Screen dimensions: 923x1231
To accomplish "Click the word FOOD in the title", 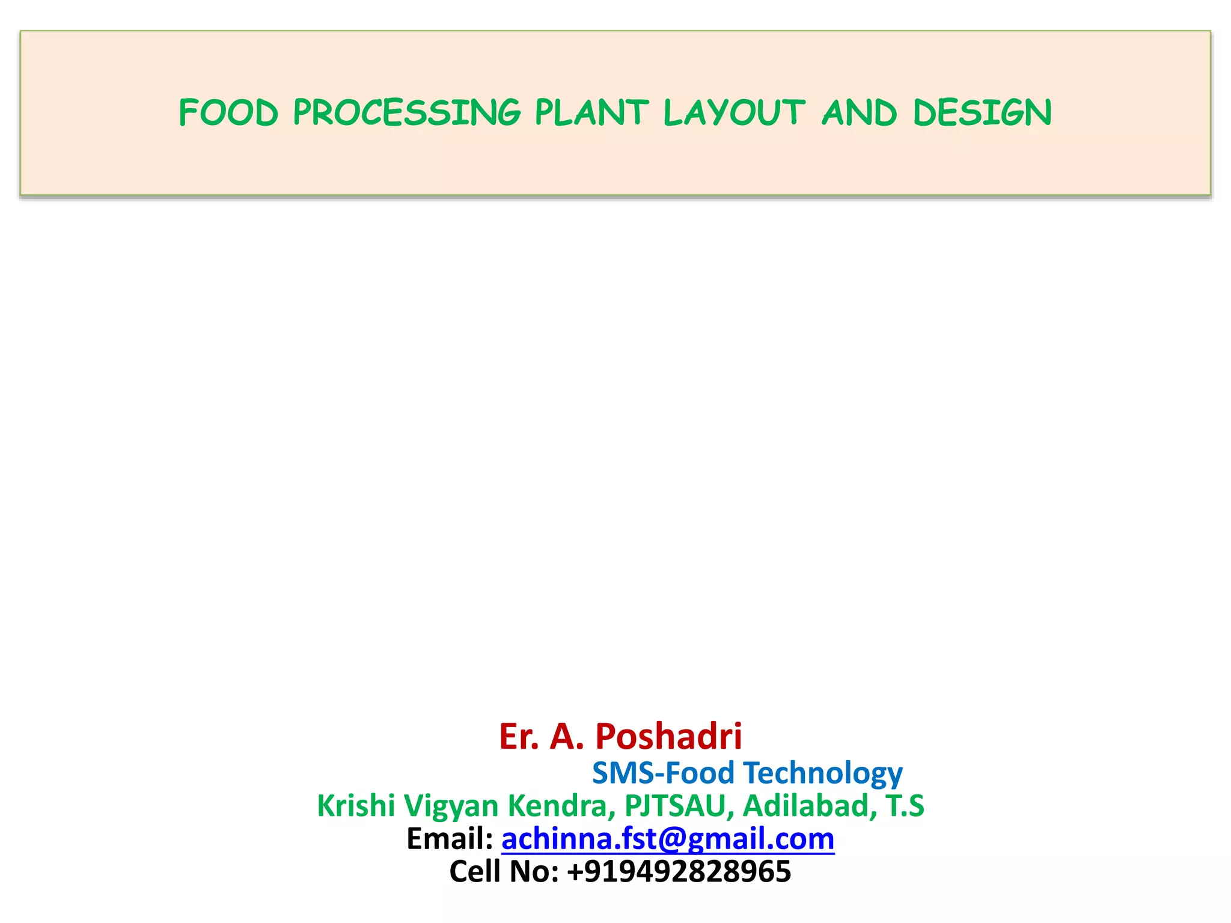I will point(228,113).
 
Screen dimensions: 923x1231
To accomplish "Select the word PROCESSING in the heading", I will point(407,113).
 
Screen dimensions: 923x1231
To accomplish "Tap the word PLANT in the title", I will point(592,113).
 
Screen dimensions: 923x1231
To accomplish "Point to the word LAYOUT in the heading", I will point(734,113).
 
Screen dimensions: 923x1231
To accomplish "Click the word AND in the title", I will point(859,113).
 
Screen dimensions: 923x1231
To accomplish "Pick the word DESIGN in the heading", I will point(982,113).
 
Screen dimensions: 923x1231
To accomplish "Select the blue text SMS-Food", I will point(663,773).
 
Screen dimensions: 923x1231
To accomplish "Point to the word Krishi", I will point(356,806).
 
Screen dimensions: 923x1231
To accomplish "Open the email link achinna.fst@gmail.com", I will point(668,839).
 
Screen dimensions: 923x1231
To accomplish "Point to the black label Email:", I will point(450,839).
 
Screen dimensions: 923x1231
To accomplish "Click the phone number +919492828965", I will point(679,871).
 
